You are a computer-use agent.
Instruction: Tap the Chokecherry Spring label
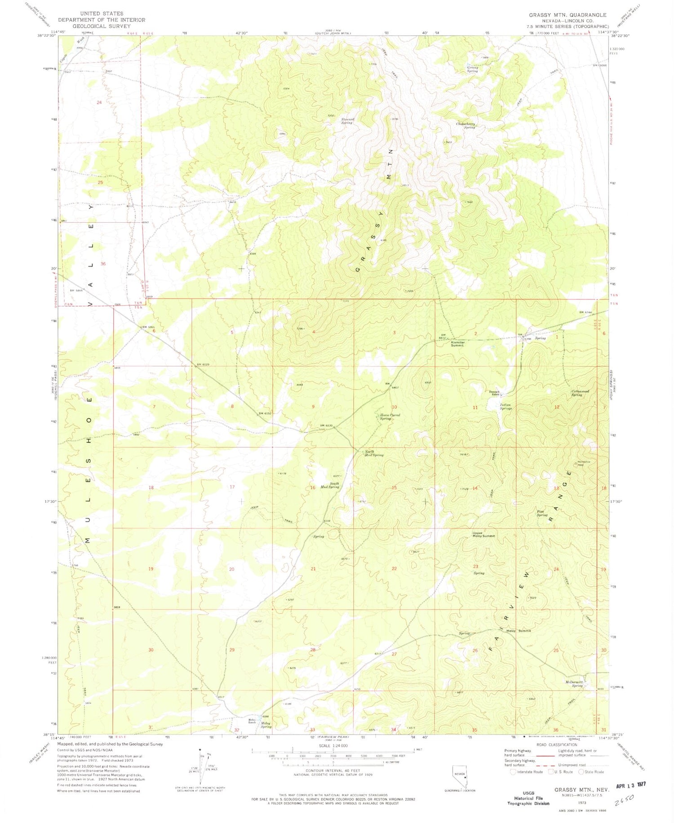click(x=466, y=126)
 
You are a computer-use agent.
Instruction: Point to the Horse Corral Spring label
click(x=389, y=417)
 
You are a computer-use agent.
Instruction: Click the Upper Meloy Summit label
click(x=483, y=535)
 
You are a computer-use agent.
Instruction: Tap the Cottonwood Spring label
click(x=580, y=393)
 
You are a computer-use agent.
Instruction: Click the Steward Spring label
click(x=347, y=121)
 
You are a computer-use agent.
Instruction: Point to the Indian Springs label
click(x=505, y=406)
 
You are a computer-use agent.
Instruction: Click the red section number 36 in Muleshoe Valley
click(x=103, y=264)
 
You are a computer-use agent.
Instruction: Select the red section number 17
click(x=232, y=487)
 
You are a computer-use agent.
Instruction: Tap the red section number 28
click(x=312, y=650)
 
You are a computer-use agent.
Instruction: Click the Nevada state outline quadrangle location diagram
click(x=459, y=776)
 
